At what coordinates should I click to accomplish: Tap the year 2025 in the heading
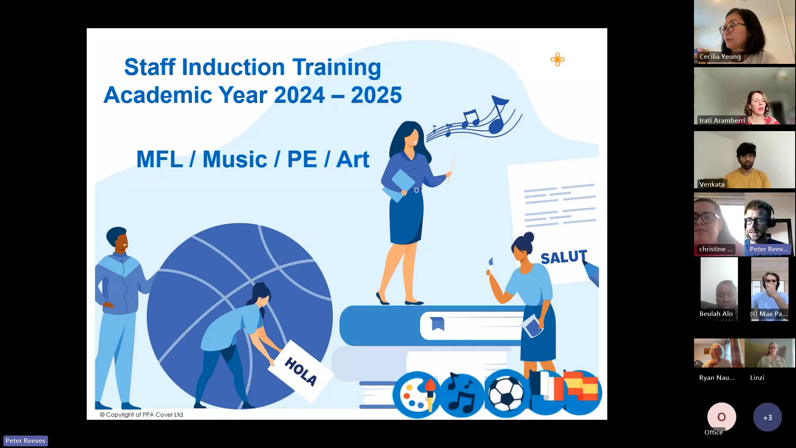coord(376,95)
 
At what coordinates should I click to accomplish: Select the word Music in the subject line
coord(235,159)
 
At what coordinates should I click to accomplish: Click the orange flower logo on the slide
coord(557,60)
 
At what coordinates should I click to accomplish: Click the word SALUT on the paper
coord(564,257)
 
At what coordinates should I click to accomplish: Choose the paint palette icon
coord(416,394)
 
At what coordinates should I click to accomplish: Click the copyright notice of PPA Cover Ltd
coord(141,414)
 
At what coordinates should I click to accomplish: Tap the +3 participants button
coord(767,417)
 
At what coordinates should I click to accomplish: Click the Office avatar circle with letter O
coord(721,417)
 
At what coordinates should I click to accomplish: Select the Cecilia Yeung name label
coord(720,57)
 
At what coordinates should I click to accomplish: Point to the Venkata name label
coord(712,184)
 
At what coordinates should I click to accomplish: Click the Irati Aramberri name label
coord(722,120)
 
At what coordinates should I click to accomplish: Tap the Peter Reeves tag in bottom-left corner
coord(26,441)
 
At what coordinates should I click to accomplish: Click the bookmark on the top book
coord(437,324)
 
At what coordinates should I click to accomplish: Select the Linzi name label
coord(757,377)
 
